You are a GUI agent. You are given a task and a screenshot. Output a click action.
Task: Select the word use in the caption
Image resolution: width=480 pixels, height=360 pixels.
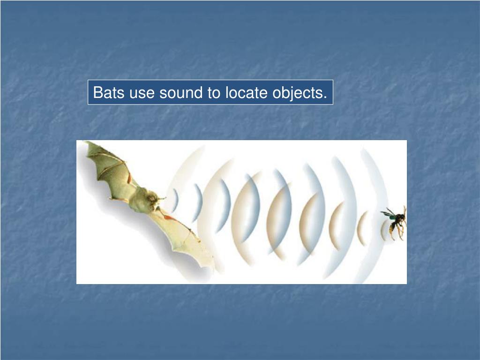142,92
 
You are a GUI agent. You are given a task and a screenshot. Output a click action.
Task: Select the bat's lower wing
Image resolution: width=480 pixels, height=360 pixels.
187,239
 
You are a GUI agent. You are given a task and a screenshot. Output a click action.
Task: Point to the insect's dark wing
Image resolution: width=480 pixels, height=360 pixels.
388,214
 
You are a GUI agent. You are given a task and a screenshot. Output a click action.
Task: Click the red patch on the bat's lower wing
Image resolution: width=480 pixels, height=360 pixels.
170,217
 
